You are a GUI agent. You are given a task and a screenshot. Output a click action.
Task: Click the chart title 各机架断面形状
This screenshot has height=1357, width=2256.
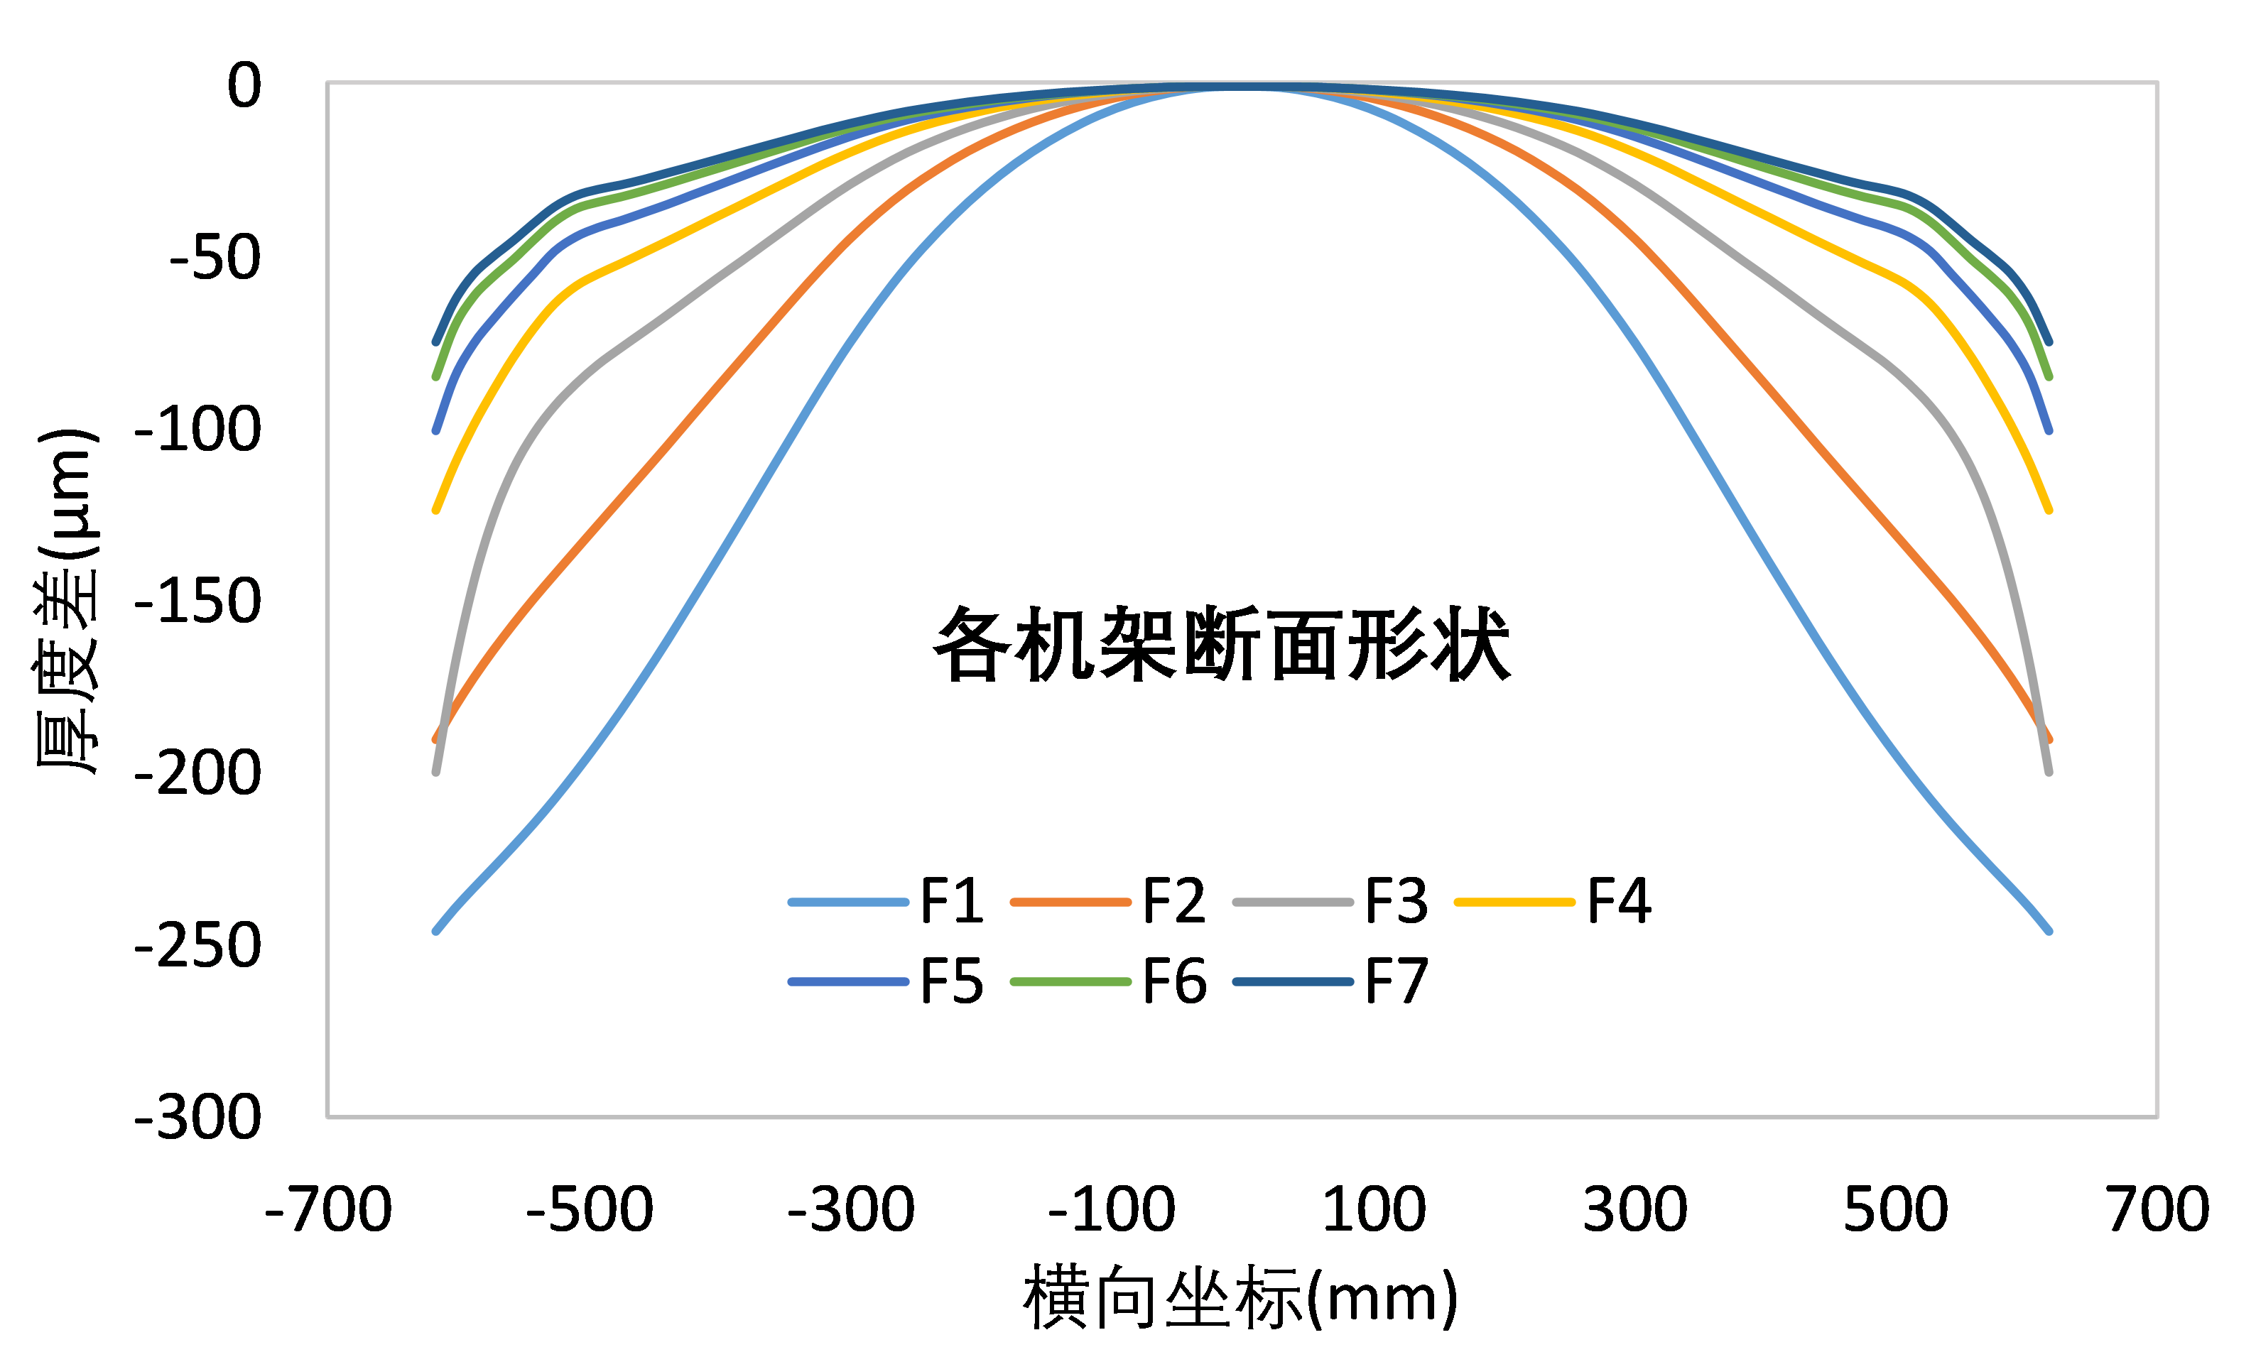click(1222, 644)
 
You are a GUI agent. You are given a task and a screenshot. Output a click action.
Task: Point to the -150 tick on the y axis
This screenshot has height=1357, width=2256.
click(197, 601)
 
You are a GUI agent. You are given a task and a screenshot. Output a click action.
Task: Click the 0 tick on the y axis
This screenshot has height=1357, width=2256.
click(244, 85)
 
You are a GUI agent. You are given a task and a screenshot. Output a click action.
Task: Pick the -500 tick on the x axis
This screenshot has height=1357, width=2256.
click(589, 1209)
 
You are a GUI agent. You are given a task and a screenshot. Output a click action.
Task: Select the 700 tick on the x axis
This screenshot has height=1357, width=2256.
click(2157, 1209)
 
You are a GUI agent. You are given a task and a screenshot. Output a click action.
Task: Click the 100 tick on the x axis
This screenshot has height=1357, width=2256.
click(1374, 1209)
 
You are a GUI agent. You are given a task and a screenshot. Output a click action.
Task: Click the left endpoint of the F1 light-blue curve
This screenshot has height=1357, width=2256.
click(436, 931)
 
